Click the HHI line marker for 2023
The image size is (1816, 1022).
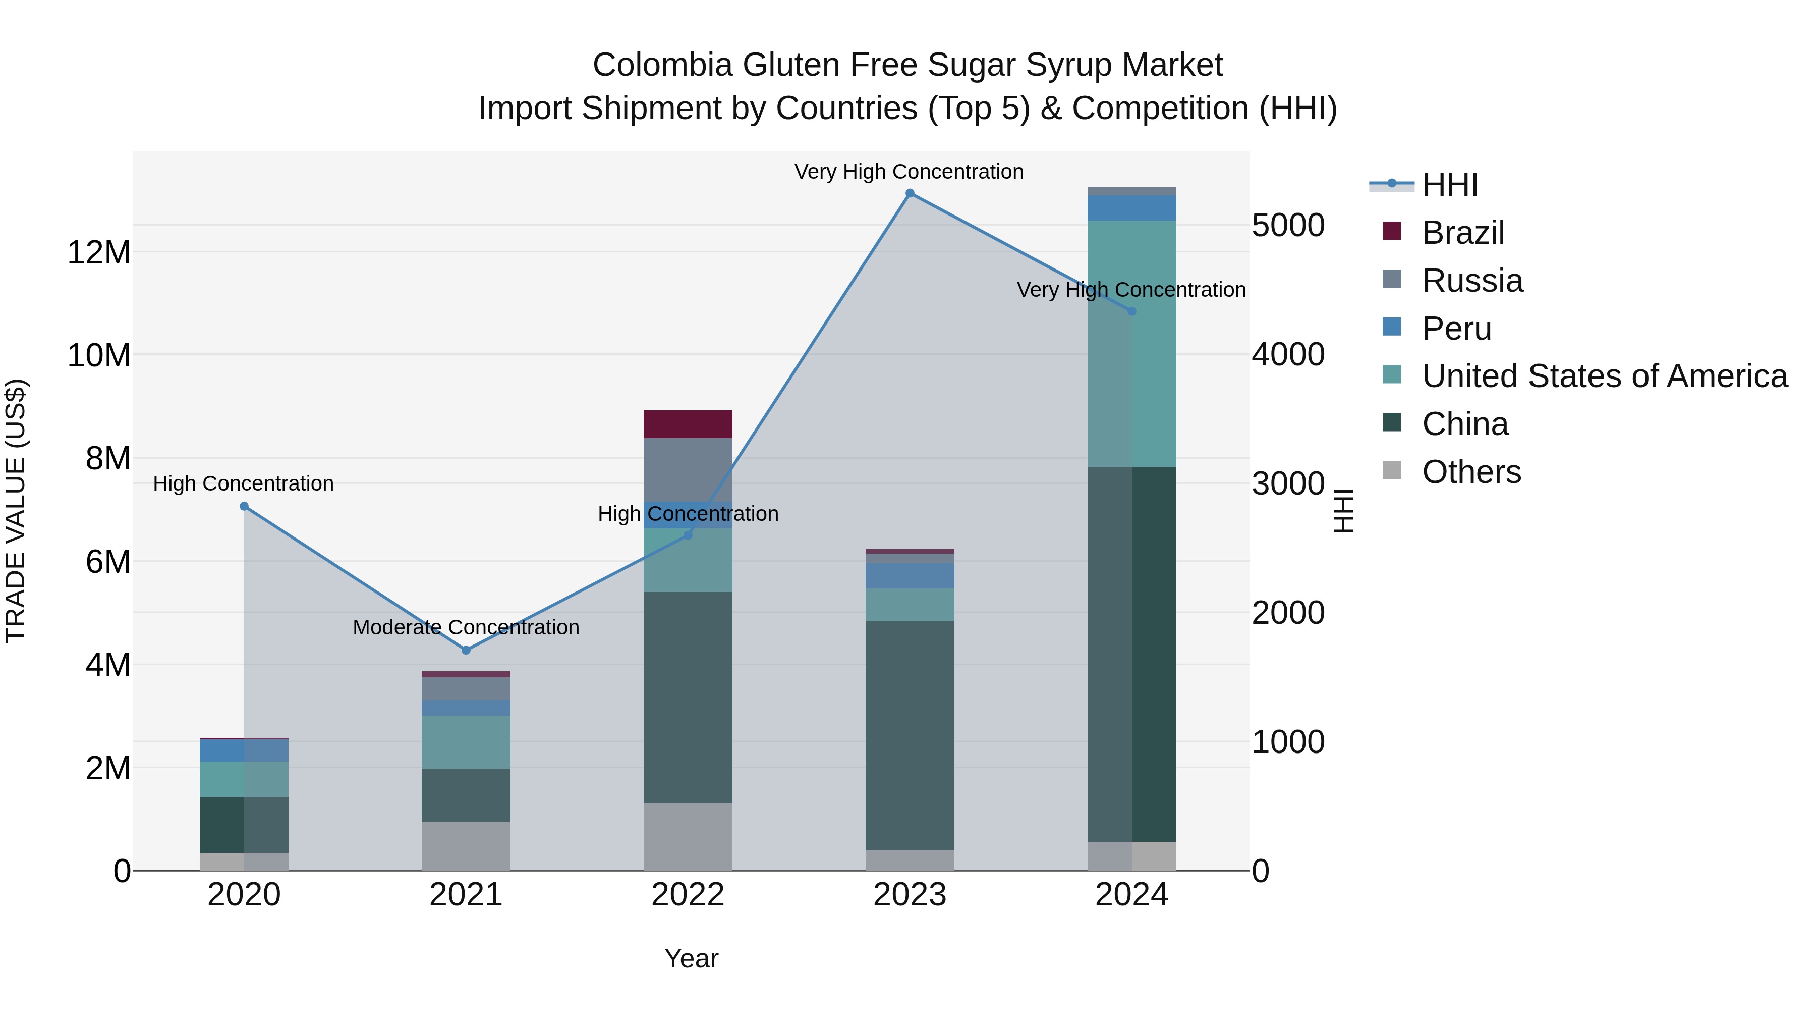click(x=910, y=193)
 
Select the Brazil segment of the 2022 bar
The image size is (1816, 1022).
click(x=688, y=424)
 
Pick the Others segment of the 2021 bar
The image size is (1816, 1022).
click(x=466, y=846)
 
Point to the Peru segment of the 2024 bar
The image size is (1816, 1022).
click(x=1131, y=208)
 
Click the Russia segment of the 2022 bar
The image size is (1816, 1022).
click(x=688, y=469)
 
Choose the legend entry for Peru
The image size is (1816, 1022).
click(x=1456, y=329)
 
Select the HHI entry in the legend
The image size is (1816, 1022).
click(x=1449, y=185)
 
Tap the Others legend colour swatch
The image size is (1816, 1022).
click(x=1392, y=470)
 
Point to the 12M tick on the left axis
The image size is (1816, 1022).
click(x=99, y=252)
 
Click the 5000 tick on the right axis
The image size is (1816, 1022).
click(x=1288, y=226)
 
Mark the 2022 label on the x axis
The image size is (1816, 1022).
click(x=688, y=895)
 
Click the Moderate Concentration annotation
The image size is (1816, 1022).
click(x=466, y=627)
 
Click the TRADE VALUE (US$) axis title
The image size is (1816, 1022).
click(x=16, y=511)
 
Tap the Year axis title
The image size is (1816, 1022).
click(x=691, y=958)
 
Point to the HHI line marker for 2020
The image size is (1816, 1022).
click(x=244, y=506)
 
